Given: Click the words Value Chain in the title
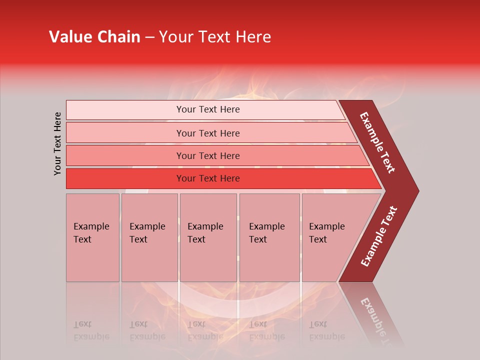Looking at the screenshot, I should tap(94, 37).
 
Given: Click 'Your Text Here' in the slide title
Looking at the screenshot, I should tap(215, 37).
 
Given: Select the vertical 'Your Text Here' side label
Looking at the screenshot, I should tap(57, 143).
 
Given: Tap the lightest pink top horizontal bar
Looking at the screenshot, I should tap(207, 109).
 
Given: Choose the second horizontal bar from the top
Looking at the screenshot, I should tap(207, 133).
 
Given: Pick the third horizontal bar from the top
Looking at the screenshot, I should tap(207, 155).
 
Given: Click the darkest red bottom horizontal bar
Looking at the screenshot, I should tap(207, 178).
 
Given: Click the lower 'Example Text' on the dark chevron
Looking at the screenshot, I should tap(379, 236).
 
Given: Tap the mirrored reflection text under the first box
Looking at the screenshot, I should tap(91, 330).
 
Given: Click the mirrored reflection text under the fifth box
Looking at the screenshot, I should tap(326, 330).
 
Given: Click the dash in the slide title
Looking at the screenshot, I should tap(149, 37).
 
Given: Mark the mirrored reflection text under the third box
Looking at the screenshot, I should tap(205, 330).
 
